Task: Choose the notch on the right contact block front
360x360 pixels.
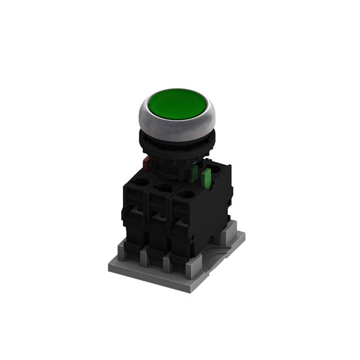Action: (x=181, y=224)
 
